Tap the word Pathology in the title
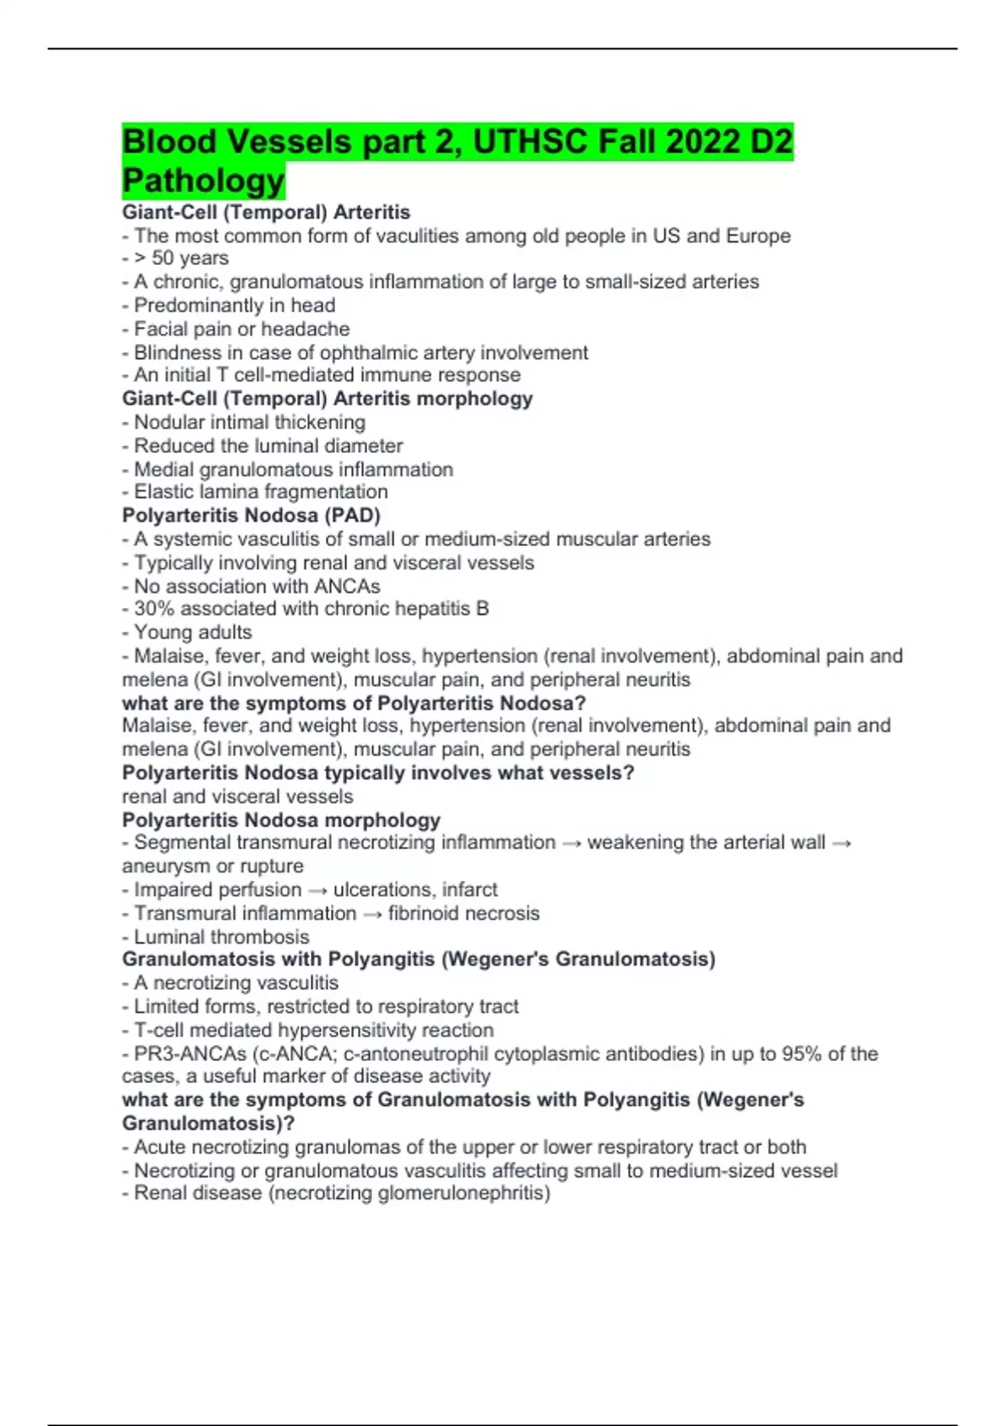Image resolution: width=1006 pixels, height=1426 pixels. point(204,180)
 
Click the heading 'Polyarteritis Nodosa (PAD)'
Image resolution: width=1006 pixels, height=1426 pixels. point(251,515)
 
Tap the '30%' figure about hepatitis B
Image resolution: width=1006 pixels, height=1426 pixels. point(154,608)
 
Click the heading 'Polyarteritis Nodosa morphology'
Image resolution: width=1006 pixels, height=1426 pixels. point(281,820)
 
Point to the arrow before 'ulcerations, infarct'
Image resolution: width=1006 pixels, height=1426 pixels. point(318,889)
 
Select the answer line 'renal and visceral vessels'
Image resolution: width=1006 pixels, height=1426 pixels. point(237,796)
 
